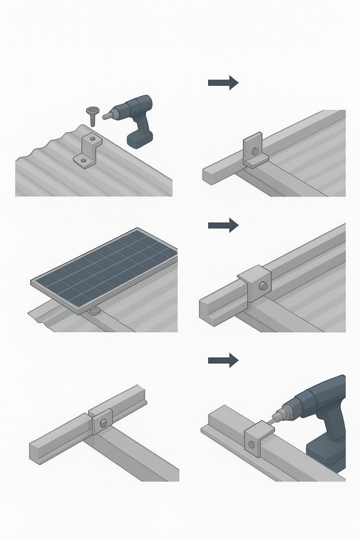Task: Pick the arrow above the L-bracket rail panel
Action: tap(223, 82)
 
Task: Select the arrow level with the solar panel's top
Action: tap(223, 225)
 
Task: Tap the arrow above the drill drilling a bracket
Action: tap(223, 360)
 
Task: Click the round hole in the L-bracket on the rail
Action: tap(256, 152)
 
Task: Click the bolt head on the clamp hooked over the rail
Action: tap(262, 286)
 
